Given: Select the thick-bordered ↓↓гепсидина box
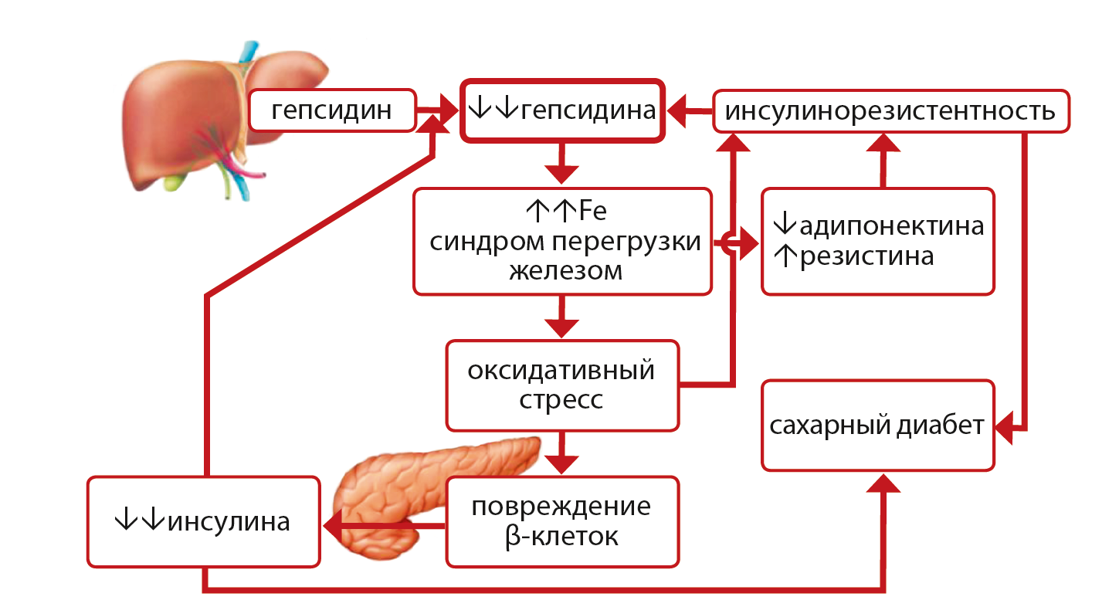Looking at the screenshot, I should pos(561,111).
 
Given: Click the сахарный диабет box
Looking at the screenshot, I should pos(877,426).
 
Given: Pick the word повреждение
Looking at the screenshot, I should pos(561,507).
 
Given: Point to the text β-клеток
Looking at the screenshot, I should pos(561,536).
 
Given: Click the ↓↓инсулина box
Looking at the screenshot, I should pos(203,522).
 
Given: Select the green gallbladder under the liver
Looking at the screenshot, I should pos(176,182).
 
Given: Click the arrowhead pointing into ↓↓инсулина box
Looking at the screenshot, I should pos(334,527).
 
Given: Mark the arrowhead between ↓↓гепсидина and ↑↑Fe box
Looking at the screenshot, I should pos(561,174).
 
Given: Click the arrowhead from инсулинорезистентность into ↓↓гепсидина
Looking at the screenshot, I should pos(680,113).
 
